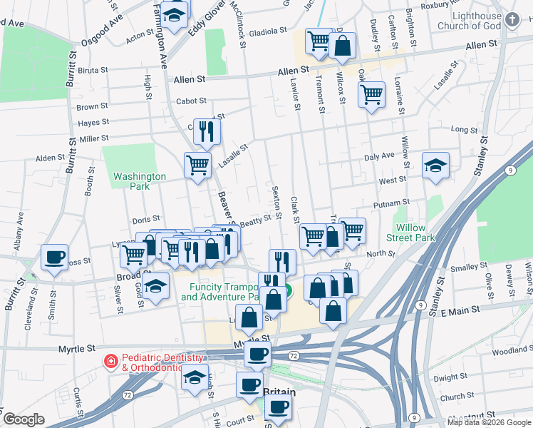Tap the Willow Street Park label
tap(410, 233)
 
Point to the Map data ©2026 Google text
tap(489, 422)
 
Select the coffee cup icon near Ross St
tap(54, 258)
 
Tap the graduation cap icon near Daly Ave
tap(435, 166)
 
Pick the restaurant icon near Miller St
tap(207, 131)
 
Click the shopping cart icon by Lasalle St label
tap(198, 166)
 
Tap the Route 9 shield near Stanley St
tap(510, 170)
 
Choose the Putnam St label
tap(395, 203)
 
